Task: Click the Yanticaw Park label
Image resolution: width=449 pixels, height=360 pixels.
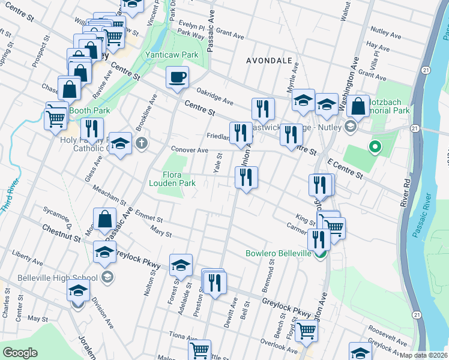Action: (172, 55)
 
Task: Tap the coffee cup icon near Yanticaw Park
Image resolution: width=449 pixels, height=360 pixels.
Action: (177, 78)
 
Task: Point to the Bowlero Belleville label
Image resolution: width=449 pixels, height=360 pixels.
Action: (278, 253)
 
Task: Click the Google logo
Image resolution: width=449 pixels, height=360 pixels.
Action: (20, 353)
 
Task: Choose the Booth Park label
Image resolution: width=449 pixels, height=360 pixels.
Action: (89, 110)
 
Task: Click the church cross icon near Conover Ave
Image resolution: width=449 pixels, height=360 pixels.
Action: (141, 143)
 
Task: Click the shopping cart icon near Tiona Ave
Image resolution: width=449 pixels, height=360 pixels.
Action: (199, 349)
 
